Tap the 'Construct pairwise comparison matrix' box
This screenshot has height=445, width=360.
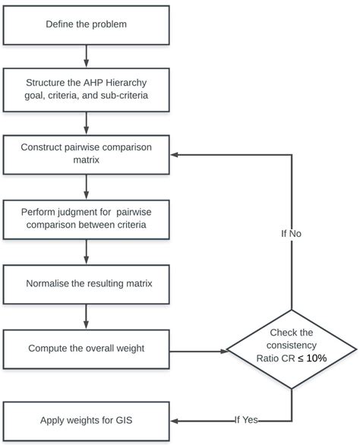click(x=86, y=154)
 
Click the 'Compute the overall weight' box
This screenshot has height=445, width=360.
click(x=86, y=349)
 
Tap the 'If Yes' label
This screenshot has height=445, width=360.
click(x=246, y=420)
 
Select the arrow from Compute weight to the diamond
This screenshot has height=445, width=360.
click(x=198, y=351)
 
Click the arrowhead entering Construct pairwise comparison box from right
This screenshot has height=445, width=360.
click(x=175, y=154)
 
